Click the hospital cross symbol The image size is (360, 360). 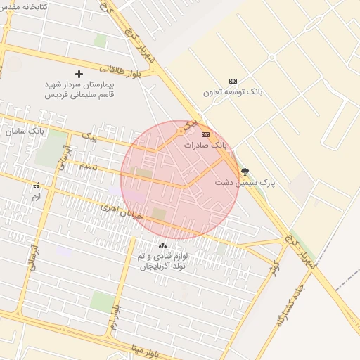pos(79,74)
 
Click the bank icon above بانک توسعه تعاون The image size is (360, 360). pos(233,81)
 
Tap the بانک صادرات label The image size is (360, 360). pos(206,144)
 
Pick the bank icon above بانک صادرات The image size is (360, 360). pos(205,134)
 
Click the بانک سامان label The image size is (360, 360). pos(23,131)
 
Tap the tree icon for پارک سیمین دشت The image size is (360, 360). pos(245,171)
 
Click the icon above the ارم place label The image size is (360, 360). pos(36,186)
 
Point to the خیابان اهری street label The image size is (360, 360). pos(121,211)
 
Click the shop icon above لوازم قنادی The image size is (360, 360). pos(163,245)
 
